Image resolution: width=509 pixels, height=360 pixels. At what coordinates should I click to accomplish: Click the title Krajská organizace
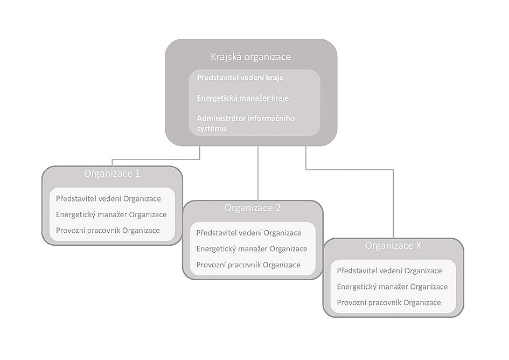[250, 57]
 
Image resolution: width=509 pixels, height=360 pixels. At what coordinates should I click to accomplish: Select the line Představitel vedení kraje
[240, 78]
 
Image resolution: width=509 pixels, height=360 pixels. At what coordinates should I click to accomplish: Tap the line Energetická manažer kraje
[243, 98]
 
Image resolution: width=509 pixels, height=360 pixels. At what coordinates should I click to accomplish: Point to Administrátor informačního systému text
[246, 123]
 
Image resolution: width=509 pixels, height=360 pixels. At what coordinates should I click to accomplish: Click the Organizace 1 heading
[112, 173]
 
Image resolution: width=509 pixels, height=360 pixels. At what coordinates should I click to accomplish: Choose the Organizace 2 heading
[253, 207]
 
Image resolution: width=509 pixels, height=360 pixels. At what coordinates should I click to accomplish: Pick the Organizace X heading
[393, 245]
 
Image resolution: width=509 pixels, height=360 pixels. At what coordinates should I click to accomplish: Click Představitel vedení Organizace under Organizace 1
[108, 198]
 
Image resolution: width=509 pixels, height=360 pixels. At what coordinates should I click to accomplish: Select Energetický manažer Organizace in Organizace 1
[111, 214]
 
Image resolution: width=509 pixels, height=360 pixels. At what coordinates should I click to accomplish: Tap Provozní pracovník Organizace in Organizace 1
[108, 230]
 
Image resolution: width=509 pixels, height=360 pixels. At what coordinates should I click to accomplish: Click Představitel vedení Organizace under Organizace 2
[249, 233]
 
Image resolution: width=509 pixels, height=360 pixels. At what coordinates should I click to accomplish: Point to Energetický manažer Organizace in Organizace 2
[252, 248]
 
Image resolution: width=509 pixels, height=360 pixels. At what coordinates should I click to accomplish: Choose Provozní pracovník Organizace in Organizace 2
[248, 265]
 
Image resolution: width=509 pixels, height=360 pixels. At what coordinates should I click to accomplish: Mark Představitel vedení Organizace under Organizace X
[389, 271]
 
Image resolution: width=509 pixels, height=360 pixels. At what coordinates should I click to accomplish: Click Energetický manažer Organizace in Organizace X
[392, 287]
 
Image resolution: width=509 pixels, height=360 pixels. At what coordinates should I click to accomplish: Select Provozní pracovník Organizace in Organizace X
[389, 302]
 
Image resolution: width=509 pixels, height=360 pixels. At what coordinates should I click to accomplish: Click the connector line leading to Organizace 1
[156, 160]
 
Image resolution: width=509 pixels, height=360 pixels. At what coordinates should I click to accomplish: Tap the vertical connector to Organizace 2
[258, 173]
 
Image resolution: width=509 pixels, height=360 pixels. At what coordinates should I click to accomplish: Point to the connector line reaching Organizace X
[350, 170]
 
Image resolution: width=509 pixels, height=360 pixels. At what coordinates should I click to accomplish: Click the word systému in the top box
[211, 128]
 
